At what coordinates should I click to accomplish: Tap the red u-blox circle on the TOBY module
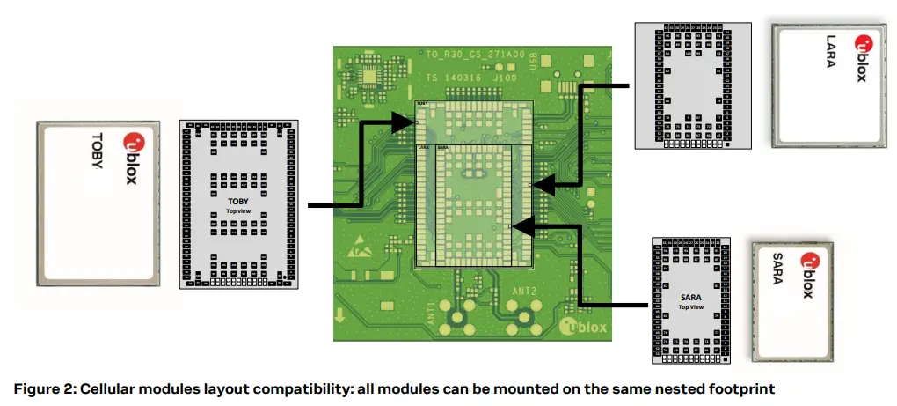(133, 139)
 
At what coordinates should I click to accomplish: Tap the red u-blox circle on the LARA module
(860, 43)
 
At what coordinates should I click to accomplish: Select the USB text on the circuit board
(533, 61)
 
